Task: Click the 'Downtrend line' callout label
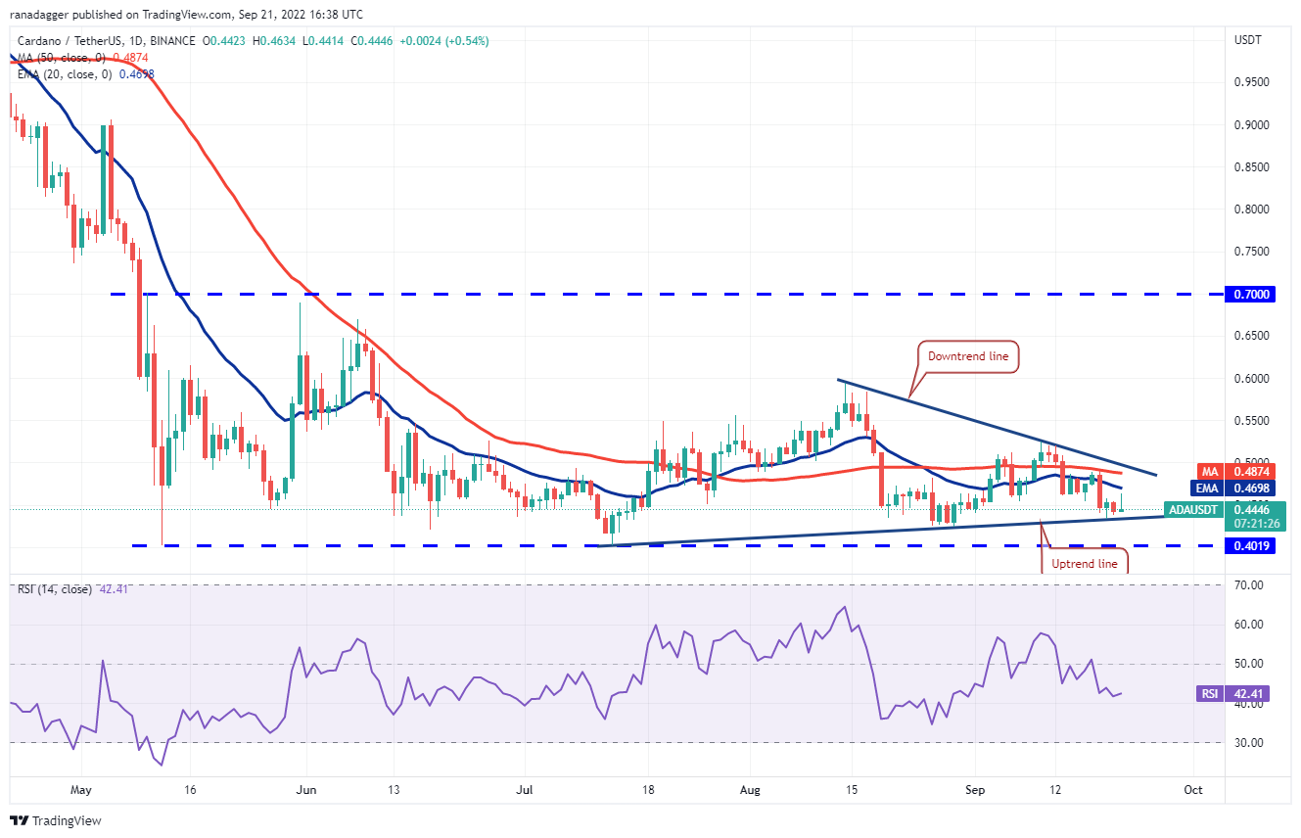(x=969, y=356)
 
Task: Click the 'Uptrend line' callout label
(x=1084, y=563)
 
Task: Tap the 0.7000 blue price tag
(x=1249, y=294)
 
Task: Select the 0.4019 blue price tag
(x=1249, y=545)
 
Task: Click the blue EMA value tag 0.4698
(x=1249, y=487)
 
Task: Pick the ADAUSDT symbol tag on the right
(x=1194, y=509)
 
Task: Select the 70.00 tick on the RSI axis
(x=1249, y=585)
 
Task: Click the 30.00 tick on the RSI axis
(x=1249, y=742)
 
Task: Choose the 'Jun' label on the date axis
(x=306, y=788)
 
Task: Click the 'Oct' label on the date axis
(x=1192, y=788)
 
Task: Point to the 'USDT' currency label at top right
(x=1248, y=40)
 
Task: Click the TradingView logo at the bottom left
(x=59, y=820)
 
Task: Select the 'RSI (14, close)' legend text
(x=56, y=589)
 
